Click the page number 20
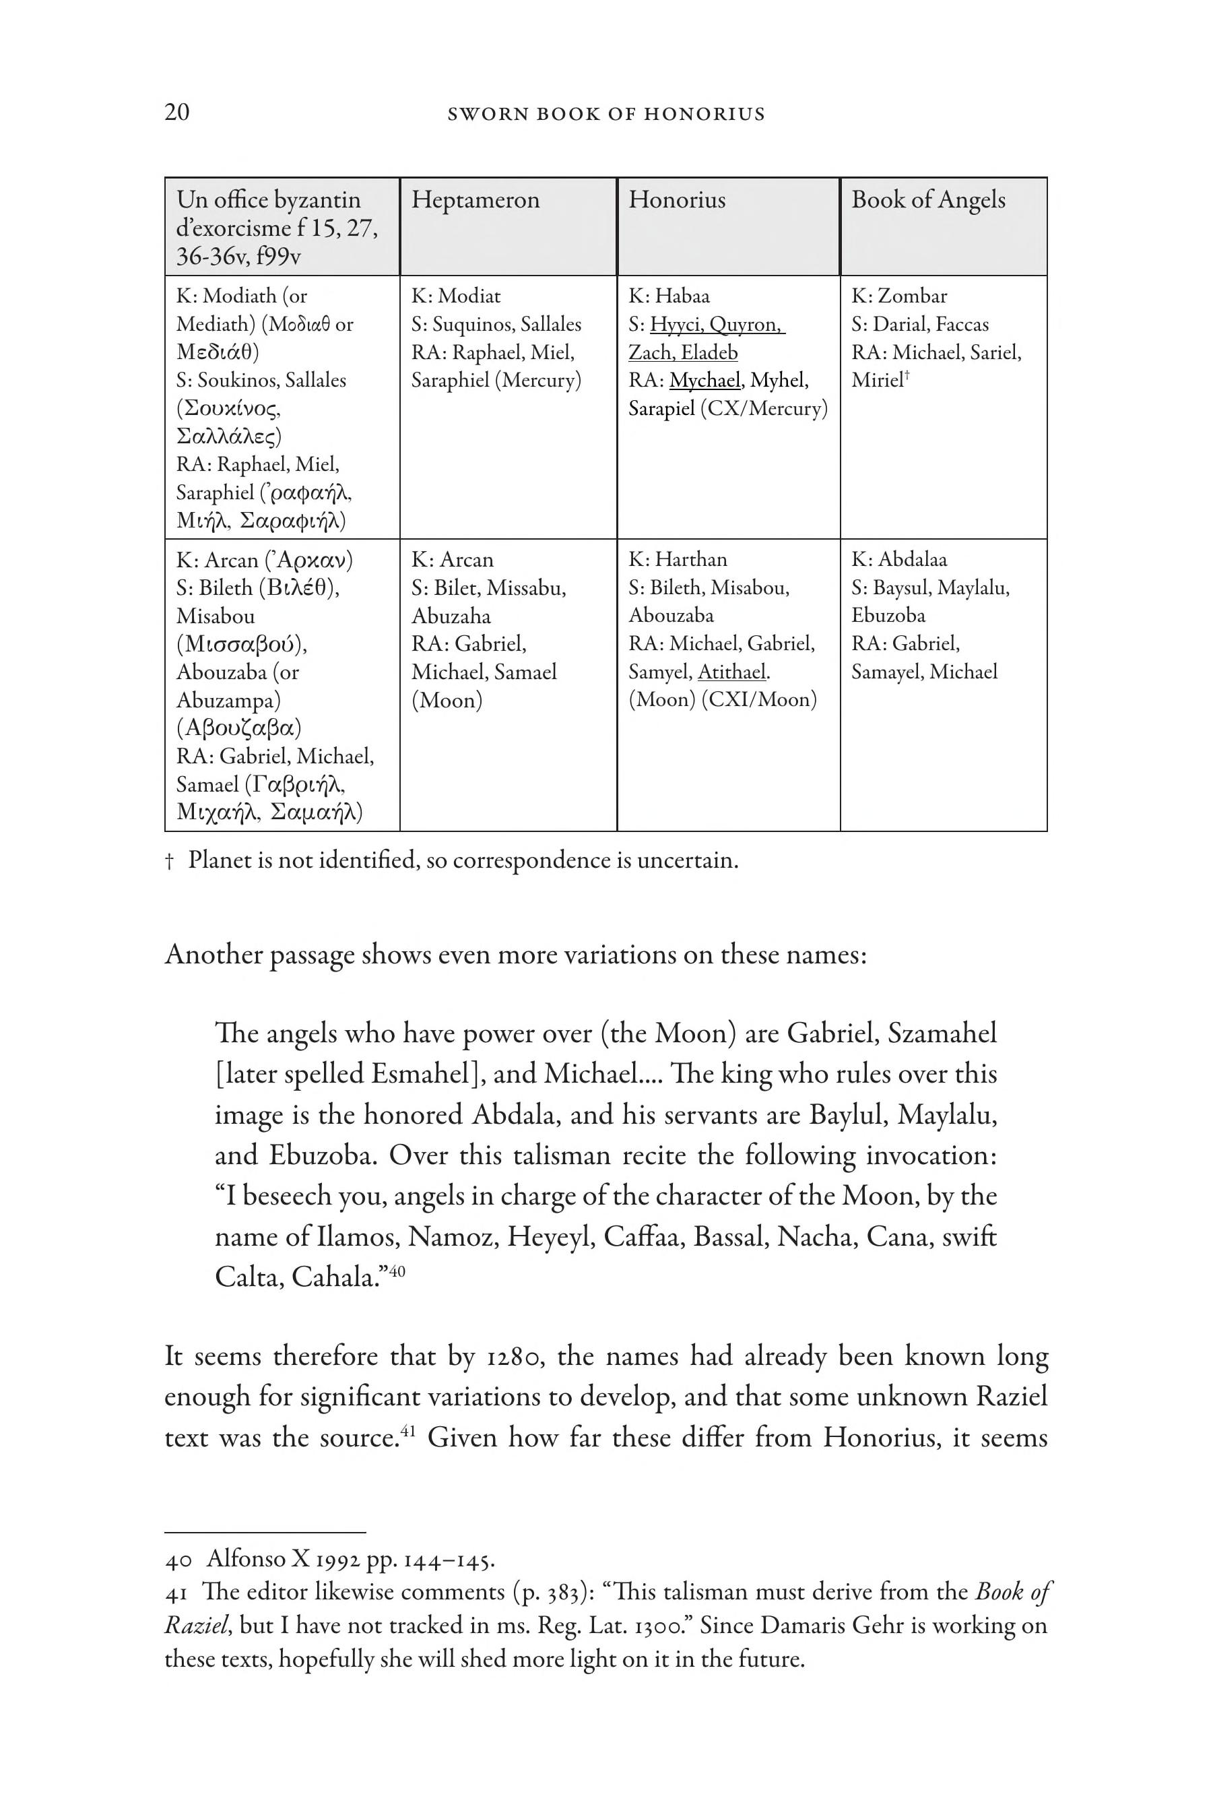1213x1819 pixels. (176, 113)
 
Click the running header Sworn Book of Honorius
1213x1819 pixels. (605, 115)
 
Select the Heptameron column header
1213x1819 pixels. (475, 199)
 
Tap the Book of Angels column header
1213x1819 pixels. (928, 199)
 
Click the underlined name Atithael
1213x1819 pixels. (733, 672)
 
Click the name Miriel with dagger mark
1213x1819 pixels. (879, 380)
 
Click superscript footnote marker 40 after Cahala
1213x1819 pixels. (397, 1271)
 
